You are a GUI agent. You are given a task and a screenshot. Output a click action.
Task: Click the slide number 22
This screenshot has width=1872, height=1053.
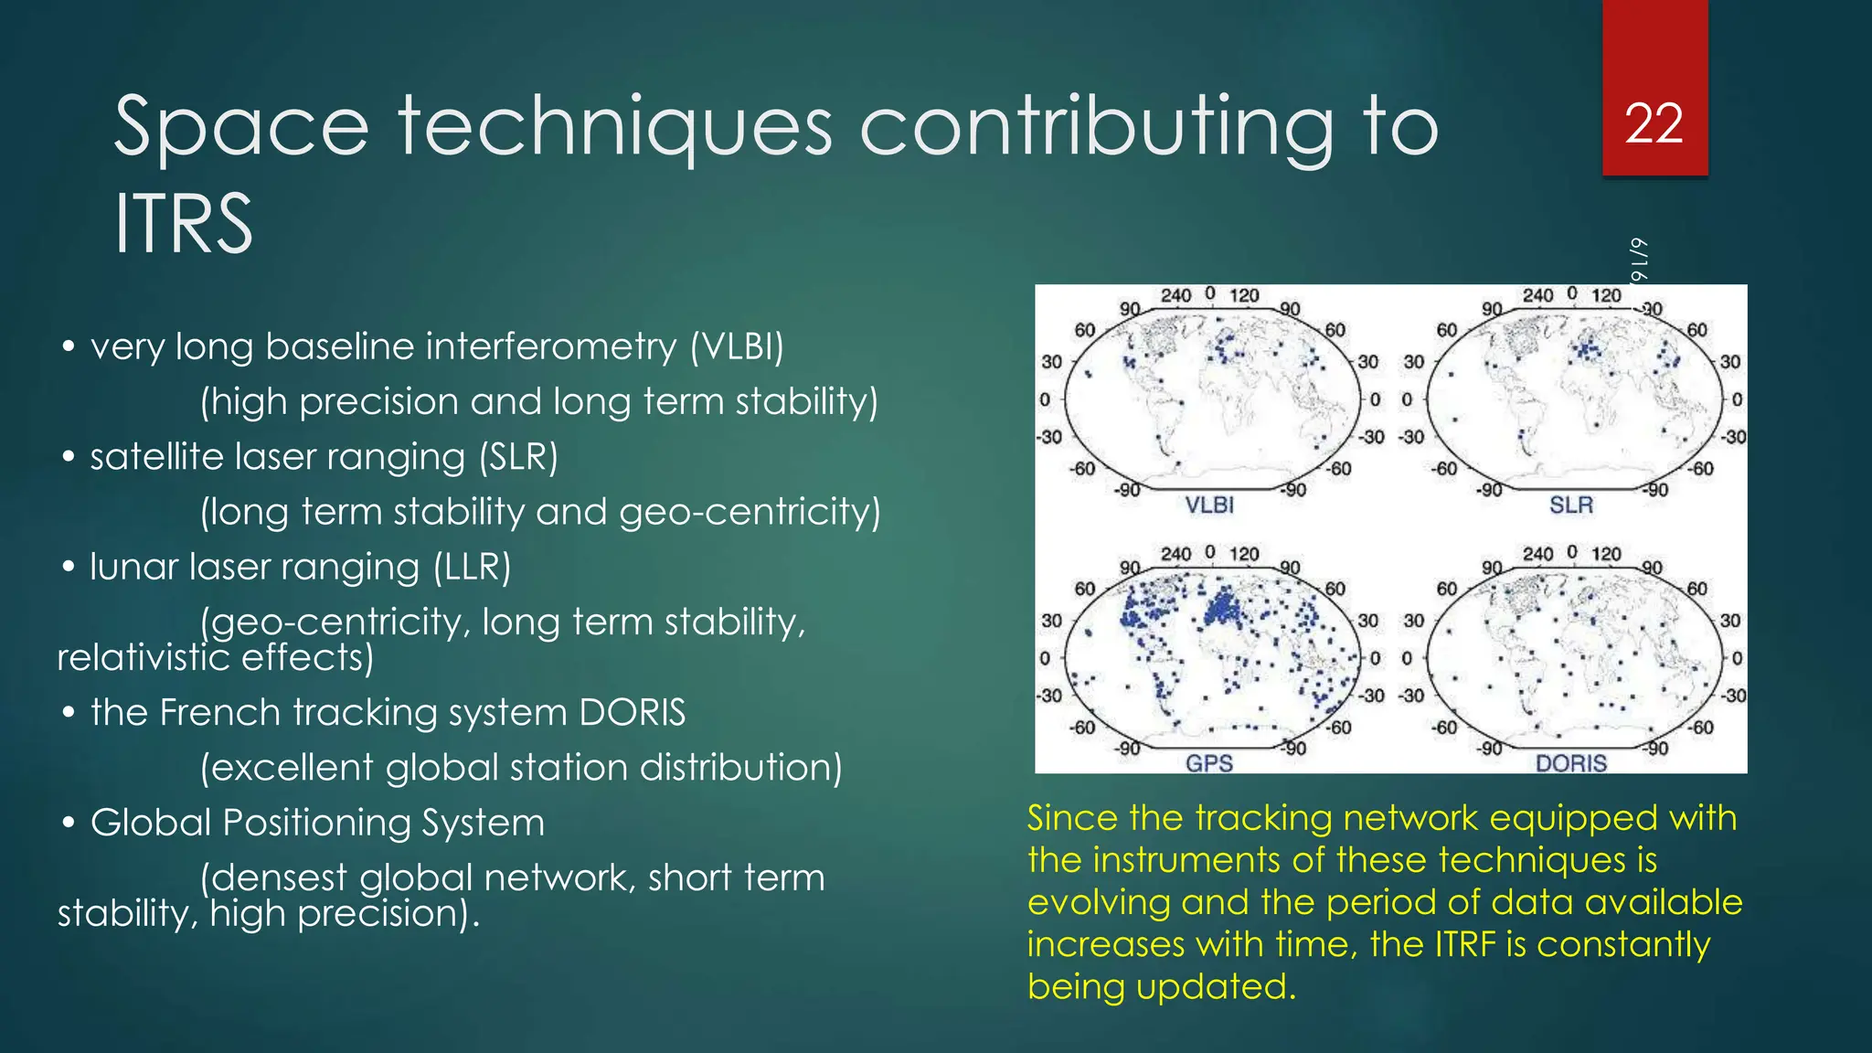click(x=1654, y=124)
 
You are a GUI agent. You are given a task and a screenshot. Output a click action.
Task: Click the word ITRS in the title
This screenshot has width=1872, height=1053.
click(x=183, y=224)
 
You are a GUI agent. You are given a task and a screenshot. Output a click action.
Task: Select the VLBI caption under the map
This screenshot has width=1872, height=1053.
click(x=1209, y=505)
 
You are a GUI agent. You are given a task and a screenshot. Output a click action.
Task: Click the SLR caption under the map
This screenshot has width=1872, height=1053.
click(x=1570, y=505)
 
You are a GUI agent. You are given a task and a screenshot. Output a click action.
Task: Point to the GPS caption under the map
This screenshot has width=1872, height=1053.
click(x=1208, y=763)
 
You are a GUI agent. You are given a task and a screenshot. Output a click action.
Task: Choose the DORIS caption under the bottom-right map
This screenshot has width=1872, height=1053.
click(x=1570, y=763)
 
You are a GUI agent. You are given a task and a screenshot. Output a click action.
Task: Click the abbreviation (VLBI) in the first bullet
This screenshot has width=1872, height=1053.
click(x=737, y=347)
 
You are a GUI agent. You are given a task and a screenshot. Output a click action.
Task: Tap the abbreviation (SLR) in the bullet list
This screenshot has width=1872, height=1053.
click(x=518, y=457)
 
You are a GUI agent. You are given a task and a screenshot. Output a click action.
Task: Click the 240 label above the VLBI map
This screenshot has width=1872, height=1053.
click(x=1175, y=295)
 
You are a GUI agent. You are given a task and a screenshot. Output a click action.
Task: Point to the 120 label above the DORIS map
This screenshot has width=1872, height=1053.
click(x=1606, y=554)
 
